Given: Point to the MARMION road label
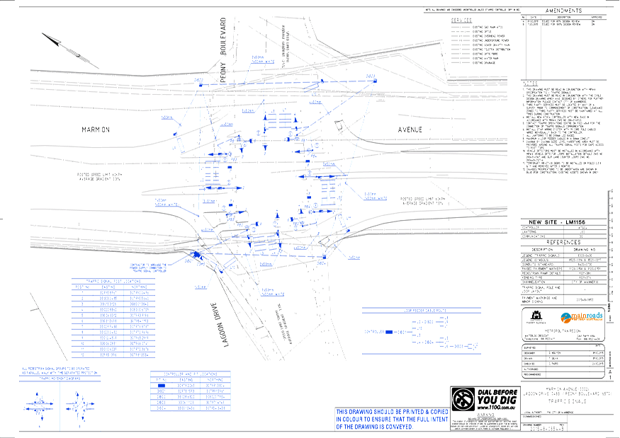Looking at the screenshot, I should point(96,130).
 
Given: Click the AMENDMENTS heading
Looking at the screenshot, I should point(563,11).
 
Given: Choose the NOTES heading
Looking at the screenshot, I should point(531,83).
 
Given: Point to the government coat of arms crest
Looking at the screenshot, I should point(537,316).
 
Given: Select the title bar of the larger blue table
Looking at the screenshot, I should point(113,281).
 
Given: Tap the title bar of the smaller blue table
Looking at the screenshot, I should point(191,373).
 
